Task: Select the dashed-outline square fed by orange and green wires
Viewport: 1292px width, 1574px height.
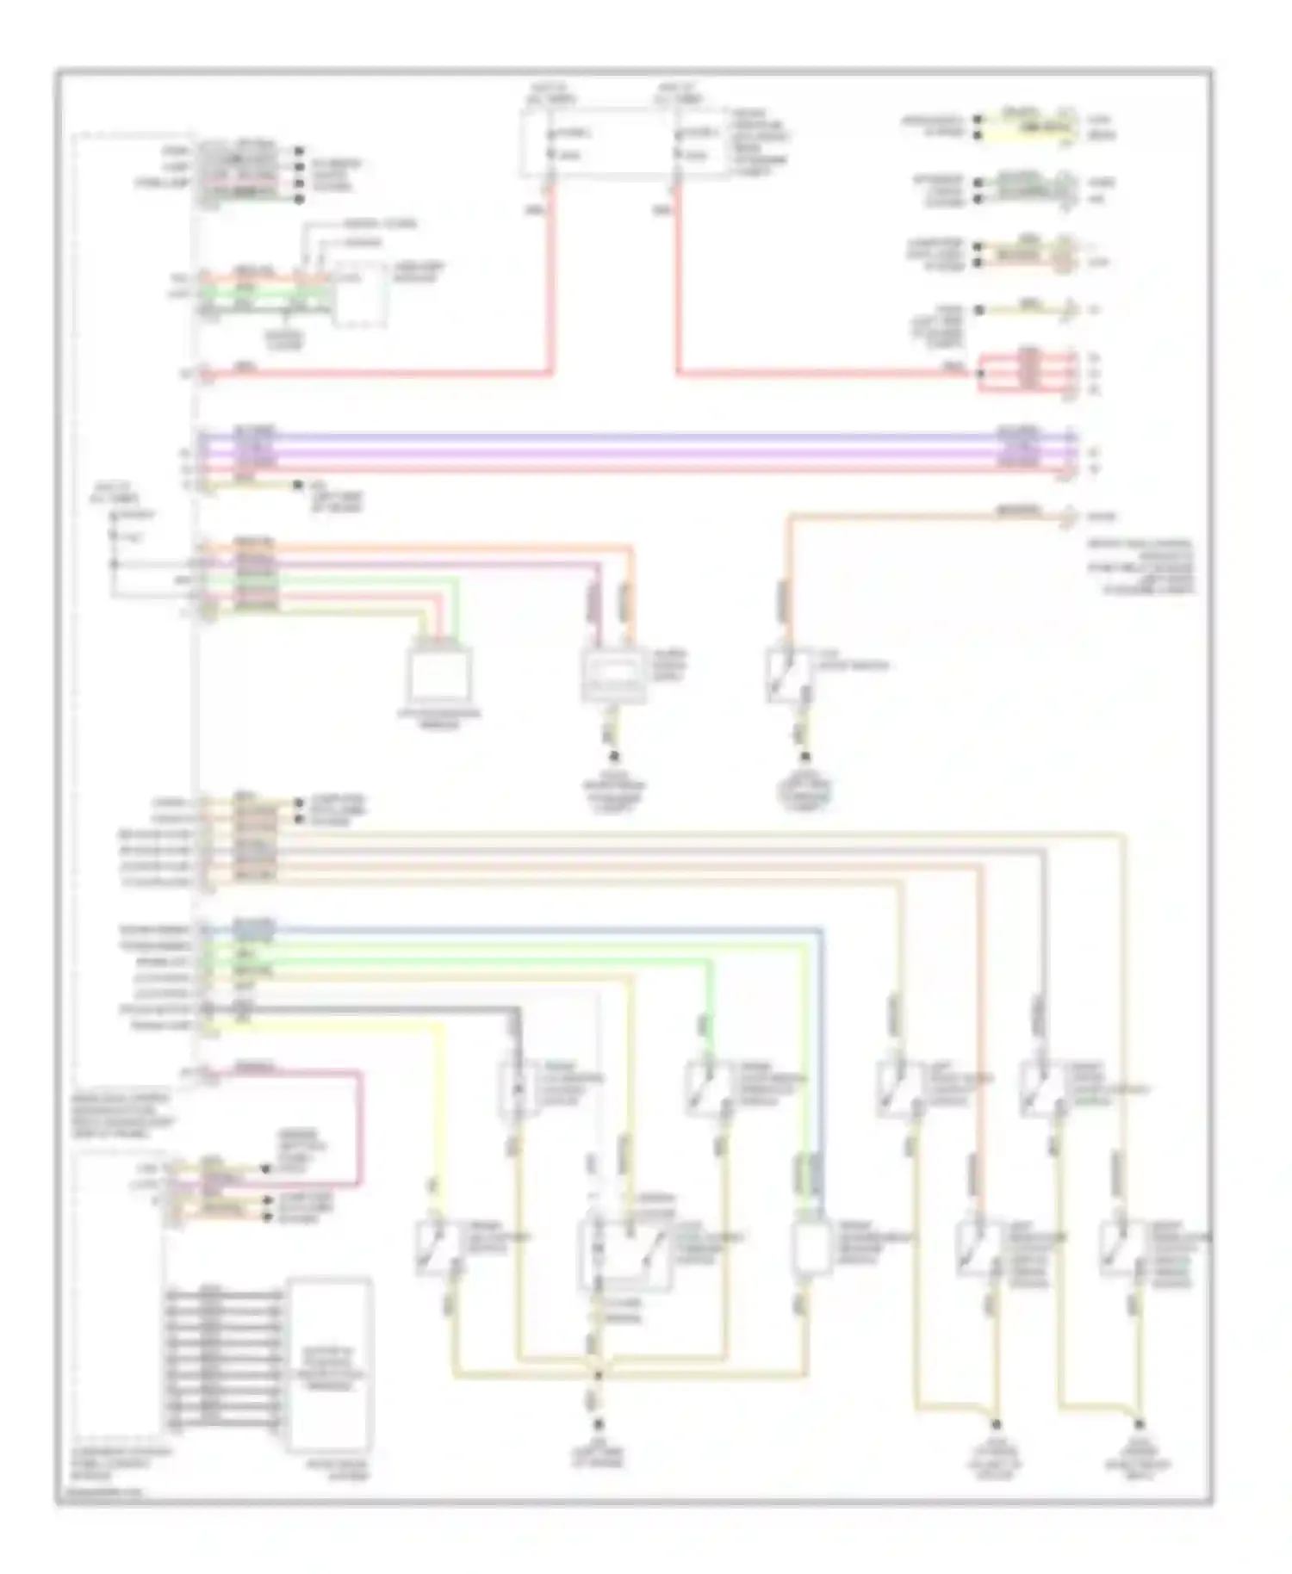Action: [x=360, y=295]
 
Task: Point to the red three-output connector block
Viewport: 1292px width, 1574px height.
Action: [x=1028, y=372]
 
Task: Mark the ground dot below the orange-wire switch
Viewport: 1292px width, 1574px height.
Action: [x=805, y=757]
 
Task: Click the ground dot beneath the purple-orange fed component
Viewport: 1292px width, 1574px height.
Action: [x=615, y=757]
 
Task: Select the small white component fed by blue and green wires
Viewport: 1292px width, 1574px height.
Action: [x=810, y=1246]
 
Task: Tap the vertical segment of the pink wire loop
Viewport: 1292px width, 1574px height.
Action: [x=360, y=1124]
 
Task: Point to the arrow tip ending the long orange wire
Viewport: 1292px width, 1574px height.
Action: [x=1072, y=516]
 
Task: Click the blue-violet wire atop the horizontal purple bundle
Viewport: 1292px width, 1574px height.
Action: [x=637, y=437]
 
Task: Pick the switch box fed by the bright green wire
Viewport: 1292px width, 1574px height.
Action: [x=708, y=1089]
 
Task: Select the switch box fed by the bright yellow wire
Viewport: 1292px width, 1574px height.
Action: [x=437, y=1247]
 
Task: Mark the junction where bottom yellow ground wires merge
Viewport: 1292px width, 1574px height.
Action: [x=597, y=1376]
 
